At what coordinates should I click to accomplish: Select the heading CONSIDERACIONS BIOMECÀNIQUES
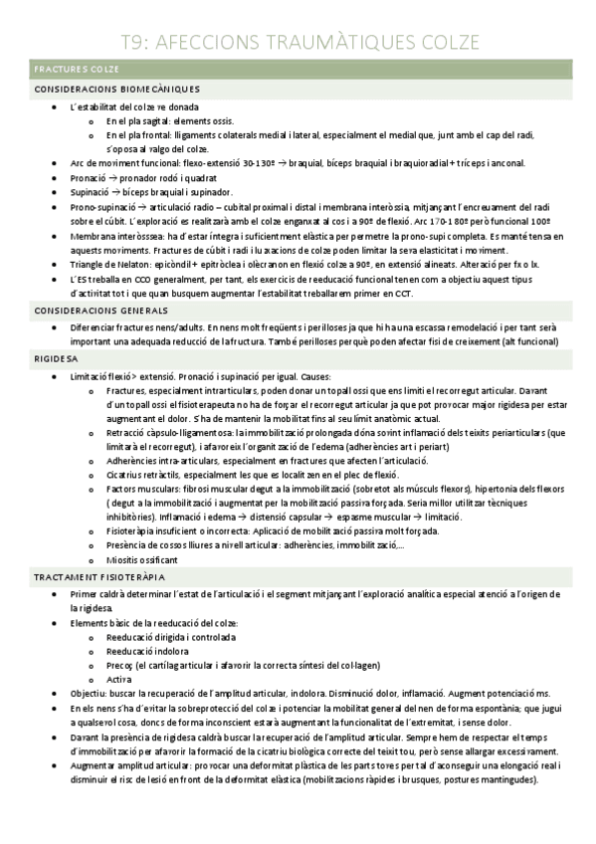coord(117,90)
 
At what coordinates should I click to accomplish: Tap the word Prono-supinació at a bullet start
coord(101,206)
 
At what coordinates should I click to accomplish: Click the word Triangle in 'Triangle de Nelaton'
coord(88,267)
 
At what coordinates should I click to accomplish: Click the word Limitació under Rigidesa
coord(92,376)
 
